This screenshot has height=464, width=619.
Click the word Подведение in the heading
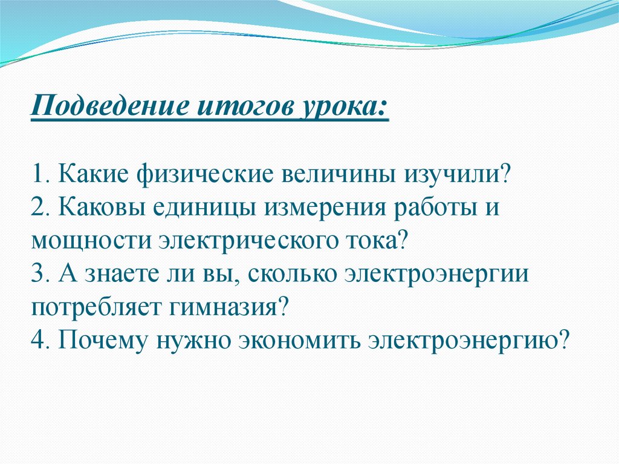point(109,105)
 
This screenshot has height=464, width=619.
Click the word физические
point(205,174)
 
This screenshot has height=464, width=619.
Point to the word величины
point(339,175)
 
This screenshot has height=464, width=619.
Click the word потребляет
point(96,307)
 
